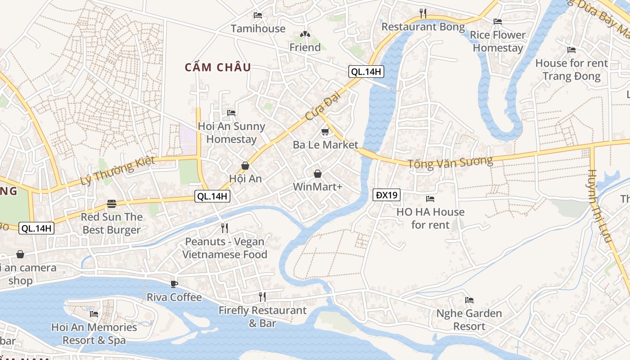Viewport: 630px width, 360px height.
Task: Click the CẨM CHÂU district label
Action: [x=218, y=67]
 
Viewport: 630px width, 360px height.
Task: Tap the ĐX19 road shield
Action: [x=387, y=195]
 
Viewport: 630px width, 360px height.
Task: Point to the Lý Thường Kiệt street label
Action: [x=117, y=171]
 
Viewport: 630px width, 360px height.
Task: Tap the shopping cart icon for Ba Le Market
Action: [x=325, y=132]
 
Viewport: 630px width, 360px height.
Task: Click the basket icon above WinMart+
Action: [x=318, y=174]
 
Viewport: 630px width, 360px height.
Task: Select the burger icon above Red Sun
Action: [x=112, y=204]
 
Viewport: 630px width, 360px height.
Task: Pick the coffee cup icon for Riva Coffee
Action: [x=174, y=284]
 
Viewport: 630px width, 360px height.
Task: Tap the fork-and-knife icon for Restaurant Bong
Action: [x=423, y=13]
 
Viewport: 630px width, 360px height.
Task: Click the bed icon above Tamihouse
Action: [x=258, y=15]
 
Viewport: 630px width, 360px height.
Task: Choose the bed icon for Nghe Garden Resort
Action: [x=469, y=300]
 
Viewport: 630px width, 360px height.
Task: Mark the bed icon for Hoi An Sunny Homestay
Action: [x=231, y=112]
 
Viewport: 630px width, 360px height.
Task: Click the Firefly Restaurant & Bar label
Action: [x=262, y=316]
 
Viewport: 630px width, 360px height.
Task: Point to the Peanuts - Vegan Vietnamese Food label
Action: [x=225, y=248]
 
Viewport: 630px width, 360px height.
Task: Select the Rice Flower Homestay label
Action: [x=498, y=41]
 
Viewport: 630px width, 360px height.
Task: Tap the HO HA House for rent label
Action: [x=430, y=218]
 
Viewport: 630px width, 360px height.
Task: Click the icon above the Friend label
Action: [x=305, y=34]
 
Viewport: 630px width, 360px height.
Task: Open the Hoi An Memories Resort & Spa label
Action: [x=94, y=333]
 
